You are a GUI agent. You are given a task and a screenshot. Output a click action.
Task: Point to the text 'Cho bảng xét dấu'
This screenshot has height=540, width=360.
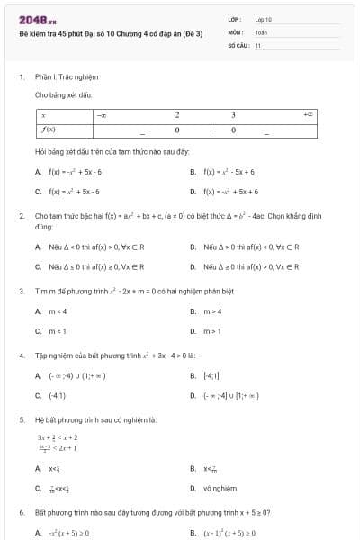63,94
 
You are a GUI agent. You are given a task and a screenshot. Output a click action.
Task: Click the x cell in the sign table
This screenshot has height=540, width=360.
43,115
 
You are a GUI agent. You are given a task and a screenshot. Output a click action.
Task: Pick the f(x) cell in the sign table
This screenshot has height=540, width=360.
49,130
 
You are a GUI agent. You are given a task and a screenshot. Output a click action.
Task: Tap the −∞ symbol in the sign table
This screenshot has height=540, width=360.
102,115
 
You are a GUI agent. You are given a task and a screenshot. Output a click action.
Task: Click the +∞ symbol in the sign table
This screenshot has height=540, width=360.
309,115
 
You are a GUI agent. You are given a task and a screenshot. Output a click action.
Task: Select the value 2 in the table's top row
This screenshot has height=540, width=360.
177,115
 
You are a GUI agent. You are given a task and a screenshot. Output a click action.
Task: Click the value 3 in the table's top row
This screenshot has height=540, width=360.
233,115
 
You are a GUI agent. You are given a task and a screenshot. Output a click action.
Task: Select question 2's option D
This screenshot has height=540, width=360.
243,266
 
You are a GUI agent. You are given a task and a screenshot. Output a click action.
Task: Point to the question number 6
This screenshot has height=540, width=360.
21,512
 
